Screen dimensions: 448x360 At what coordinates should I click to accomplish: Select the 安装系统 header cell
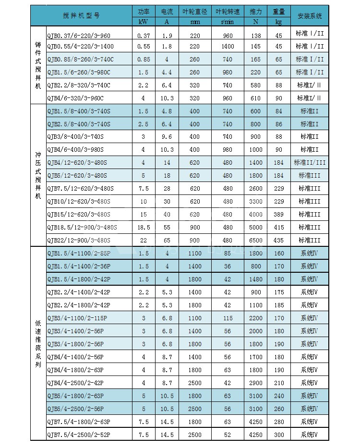pyautogui.click(x=310, y=16)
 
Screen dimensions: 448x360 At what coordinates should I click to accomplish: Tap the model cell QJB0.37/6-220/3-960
pyautogui.click(x=79, y=36)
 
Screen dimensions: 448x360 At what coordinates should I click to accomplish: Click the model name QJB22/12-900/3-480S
pyautogui.click(x=79, y=240)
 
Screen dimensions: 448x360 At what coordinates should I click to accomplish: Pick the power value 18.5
pyautogui.click(x=143, y=227)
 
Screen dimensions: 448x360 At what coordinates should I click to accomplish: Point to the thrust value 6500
pyautogui.click(x=256, y=240)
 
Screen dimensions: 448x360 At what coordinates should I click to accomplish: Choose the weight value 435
pyautogui.click(x=279, y=240)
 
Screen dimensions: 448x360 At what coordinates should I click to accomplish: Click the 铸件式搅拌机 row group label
pyautogui.click(x=38, y=65)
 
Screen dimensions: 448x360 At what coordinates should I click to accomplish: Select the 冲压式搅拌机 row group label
pyautogui.click(x=38, y=175)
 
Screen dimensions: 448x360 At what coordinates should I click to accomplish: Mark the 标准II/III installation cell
pyautogui.click(x=310, y=162)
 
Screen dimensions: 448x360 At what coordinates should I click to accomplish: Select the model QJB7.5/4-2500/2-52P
pyautogui.click(x=79, y=435)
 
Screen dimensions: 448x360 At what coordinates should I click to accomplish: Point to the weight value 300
pyautogui.click(x=279, y=435)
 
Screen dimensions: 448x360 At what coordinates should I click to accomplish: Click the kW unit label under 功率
pyautogui.click(x=143, y=22)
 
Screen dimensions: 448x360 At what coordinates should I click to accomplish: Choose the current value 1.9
pyautogui.click(x=167, y=36)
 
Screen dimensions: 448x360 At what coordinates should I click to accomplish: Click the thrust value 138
pyautogui.click(x=256, y=36)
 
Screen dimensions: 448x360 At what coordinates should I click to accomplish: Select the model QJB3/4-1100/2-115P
pyautogui.click(x=77, y=318)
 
